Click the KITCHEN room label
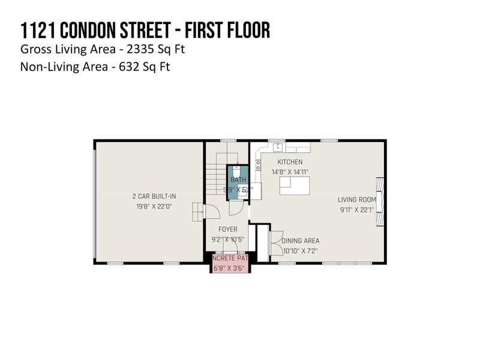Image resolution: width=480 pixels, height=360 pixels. pyautogui.click(x=290, y=162)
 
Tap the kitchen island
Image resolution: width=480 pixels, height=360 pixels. pyautogui.click(x=295, y=187)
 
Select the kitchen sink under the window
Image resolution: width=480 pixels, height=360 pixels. pyautogui.click(x=278, y=147)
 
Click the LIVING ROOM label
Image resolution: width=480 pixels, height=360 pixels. pyautogui.click(x=356, y=200)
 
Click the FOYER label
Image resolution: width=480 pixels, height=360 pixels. pyautogui.click(x=227, y=229)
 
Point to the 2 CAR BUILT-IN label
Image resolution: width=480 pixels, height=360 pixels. pyautogui.click(x=154, y=196)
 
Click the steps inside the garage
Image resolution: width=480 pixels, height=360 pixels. pyautogui.click(x=197, y=211)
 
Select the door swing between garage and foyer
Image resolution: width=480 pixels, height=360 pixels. pyautogui.click(x=212, y=211)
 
